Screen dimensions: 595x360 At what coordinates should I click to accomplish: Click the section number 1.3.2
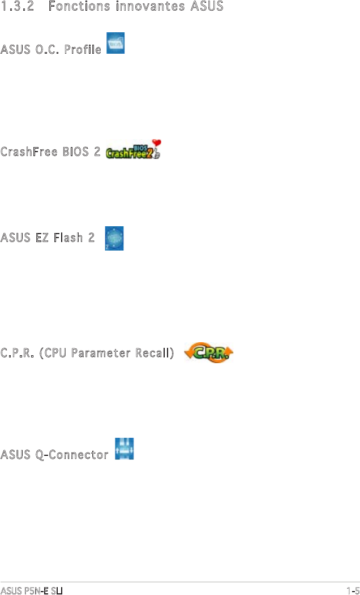[x=16, y=7]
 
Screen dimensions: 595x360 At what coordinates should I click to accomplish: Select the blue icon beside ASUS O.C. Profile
[x=116, y=44]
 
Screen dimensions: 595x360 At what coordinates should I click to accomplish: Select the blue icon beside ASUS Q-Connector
[x=125, y=447]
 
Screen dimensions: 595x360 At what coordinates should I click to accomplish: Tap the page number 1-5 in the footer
[x=353, y=590]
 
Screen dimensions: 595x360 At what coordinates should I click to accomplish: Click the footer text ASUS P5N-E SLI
[x=31, y=590]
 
